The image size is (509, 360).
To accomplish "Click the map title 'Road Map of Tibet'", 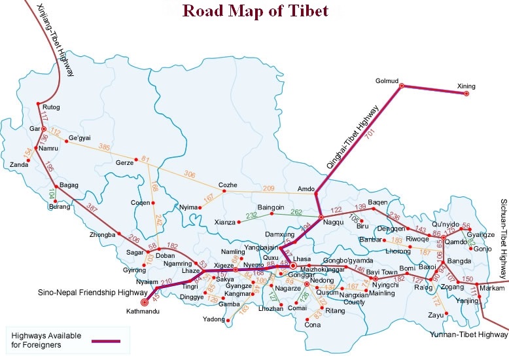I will pos(255,10).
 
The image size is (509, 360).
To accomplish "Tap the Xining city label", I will pos(466,86).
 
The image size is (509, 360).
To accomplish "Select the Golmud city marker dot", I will pos(401,85).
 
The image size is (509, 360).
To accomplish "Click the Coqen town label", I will pos(141,202).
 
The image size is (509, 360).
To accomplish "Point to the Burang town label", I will pos(59,207).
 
